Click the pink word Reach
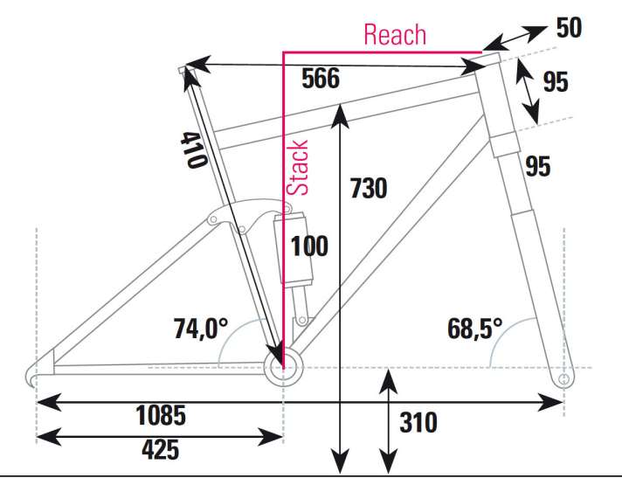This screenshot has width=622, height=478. click(395, 34)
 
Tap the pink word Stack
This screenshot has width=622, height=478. click(297, 168)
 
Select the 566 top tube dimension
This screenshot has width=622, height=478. click(321, 78)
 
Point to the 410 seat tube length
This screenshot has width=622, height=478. click(194, 150)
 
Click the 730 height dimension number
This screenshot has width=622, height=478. click(369, 188)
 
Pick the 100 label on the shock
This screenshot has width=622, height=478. click(309, 246)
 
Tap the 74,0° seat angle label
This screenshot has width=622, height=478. click(201, 329)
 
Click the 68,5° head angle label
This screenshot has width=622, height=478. click(475, 329)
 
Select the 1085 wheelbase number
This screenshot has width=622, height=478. click(161, 415)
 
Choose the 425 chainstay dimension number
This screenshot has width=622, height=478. click(160, 450)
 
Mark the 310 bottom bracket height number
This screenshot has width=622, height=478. click(418, 422)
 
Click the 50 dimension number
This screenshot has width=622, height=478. click(569, 28)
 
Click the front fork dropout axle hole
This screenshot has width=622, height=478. click(563, 380)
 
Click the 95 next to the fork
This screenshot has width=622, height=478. click(538, 166)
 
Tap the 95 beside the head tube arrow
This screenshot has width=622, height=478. click(556, 82)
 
